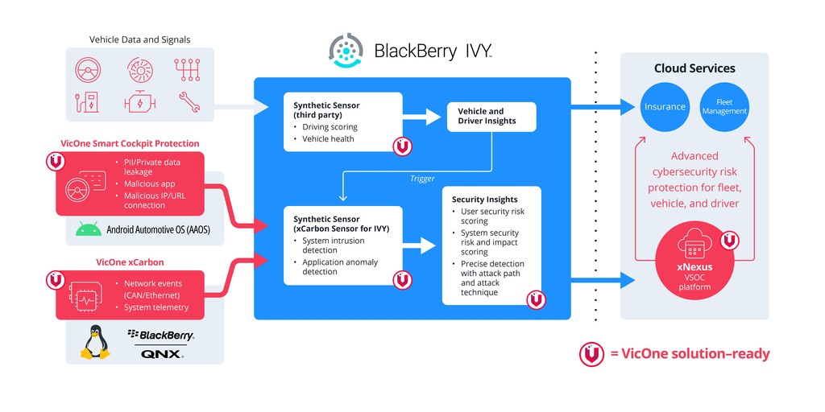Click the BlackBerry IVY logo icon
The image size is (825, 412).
tap(346, 50)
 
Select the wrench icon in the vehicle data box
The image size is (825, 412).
tap(189, 101)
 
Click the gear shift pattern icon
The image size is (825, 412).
tap(188, 70)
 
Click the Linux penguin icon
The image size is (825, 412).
tap(95, 342)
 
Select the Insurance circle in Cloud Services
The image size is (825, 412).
tap(665, 106)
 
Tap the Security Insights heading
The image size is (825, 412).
tap(484, 200)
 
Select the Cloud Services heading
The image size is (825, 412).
tap(694, 68)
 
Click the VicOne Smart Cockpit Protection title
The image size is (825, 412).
tap(130, 143)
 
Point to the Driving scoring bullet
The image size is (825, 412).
tap(330, 127)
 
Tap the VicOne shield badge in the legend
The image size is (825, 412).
tap(591, 354)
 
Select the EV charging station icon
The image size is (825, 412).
tap(87, 101)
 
